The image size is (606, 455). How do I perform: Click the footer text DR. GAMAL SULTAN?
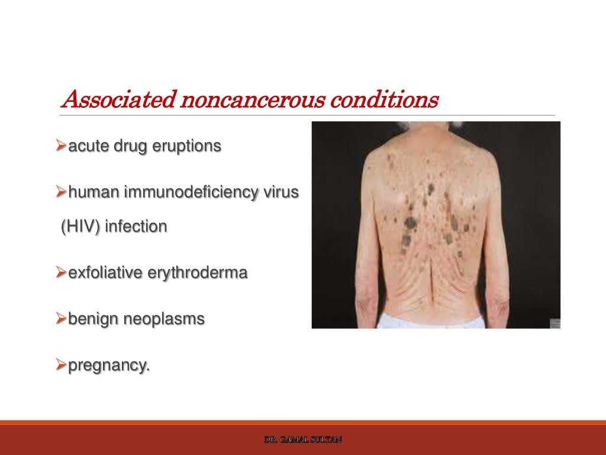[x=303, y=440]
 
